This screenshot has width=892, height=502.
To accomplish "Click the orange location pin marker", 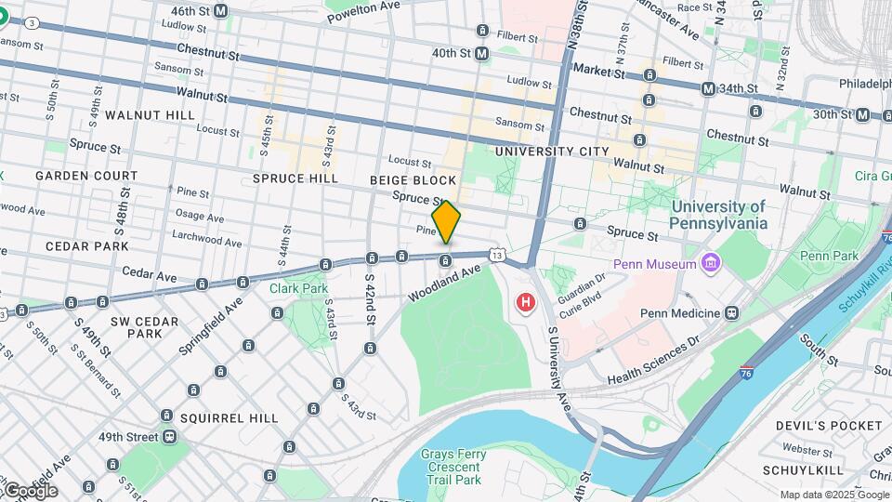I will (x=446, y=221).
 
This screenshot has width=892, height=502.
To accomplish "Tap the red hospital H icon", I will (x=526, y=302).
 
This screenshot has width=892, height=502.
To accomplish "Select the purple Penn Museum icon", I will (x=711, y=264).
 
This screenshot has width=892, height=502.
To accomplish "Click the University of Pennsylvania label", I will (x=719, y=215).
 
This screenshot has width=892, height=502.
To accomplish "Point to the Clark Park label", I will (x=298, y=288).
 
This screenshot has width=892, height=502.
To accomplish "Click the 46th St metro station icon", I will (x=220, y=10).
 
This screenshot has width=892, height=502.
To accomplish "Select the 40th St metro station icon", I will (x=481, y=54).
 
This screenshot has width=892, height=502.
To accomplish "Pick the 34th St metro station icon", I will (x=709, y=88).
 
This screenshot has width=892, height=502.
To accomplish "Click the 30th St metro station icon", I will (x=862, y=114).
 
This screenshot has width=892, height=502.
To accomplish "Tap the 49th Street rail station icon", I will (x=170, y=437).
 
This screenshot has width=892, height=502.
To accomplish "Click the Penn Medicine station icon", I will (x=732, y=313).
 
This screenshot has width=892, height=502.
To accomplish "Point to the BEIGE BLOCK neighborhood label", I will (x=413, y=180).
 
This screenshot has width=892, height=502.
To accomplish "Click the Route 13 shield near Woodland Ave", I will (x=498, y=255).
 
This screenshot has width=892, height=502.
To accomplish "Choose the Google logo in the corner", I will (x=30, y=490).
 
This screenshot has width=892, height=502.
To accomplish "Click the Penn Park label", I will (x=828, y=256).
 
